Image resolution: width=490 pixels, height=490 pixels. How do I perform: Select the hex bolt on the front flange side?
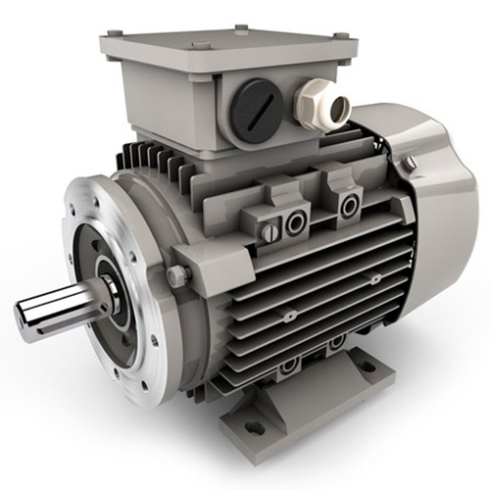tap(178, 277)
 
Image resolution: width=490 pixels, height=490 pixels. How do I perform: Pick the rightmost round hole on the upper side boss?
tap(346, 205)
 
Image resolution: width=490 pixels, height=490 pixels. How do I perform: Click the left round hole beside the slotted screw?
tap(295, 223)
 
